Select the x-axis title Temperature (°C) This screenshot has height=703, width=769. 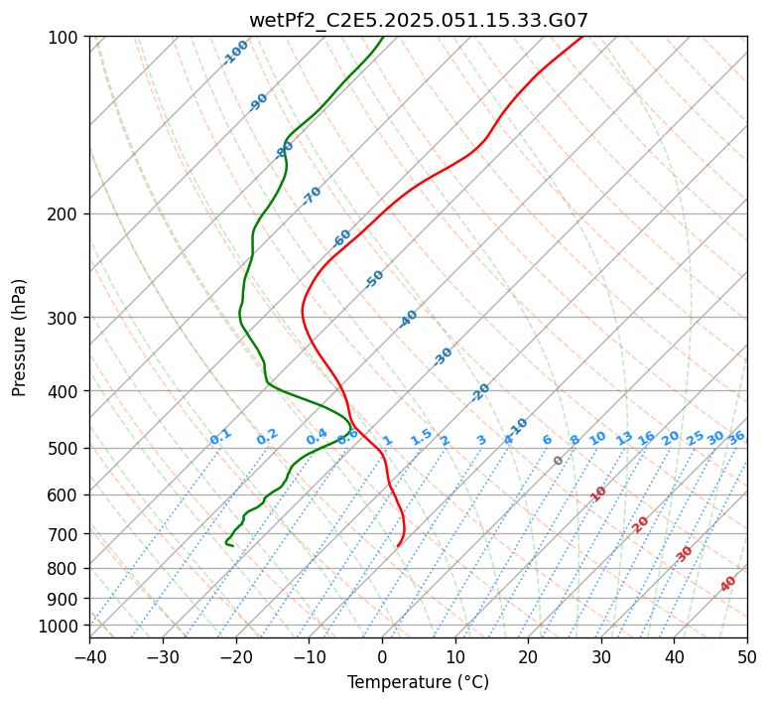coord(418,682)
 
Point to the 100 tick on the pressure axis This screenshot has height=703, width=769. coord(64,38)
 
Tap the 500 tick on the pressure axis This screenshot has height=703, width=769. coord(64,449)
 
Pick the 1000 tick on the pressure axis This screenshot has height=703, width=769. coord(60,626)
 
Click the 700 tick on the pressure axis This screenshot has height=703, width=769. coord(64,534)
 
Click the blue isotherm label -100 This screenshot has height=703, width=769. coord(235,53)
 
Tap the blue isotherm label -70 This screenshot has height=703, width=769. coord(312,196)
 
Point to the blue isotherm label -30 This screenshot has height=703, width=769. coord(443,356)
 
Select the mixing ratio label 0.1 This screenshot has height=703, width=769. coord(220,436)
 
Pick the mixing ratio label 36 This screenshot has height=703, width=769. coord(736,437)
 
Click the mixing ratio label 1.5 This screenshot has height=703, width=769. coord(421,436)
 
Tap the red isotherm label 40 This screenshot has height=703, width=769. coord(728,584)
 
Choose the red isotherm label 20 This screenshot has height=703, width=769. coord(640,523)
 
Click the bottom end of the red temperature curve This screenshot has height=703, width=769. coord(397,546)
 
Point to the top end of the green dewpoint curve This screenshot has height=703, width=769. coord(383,38)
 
